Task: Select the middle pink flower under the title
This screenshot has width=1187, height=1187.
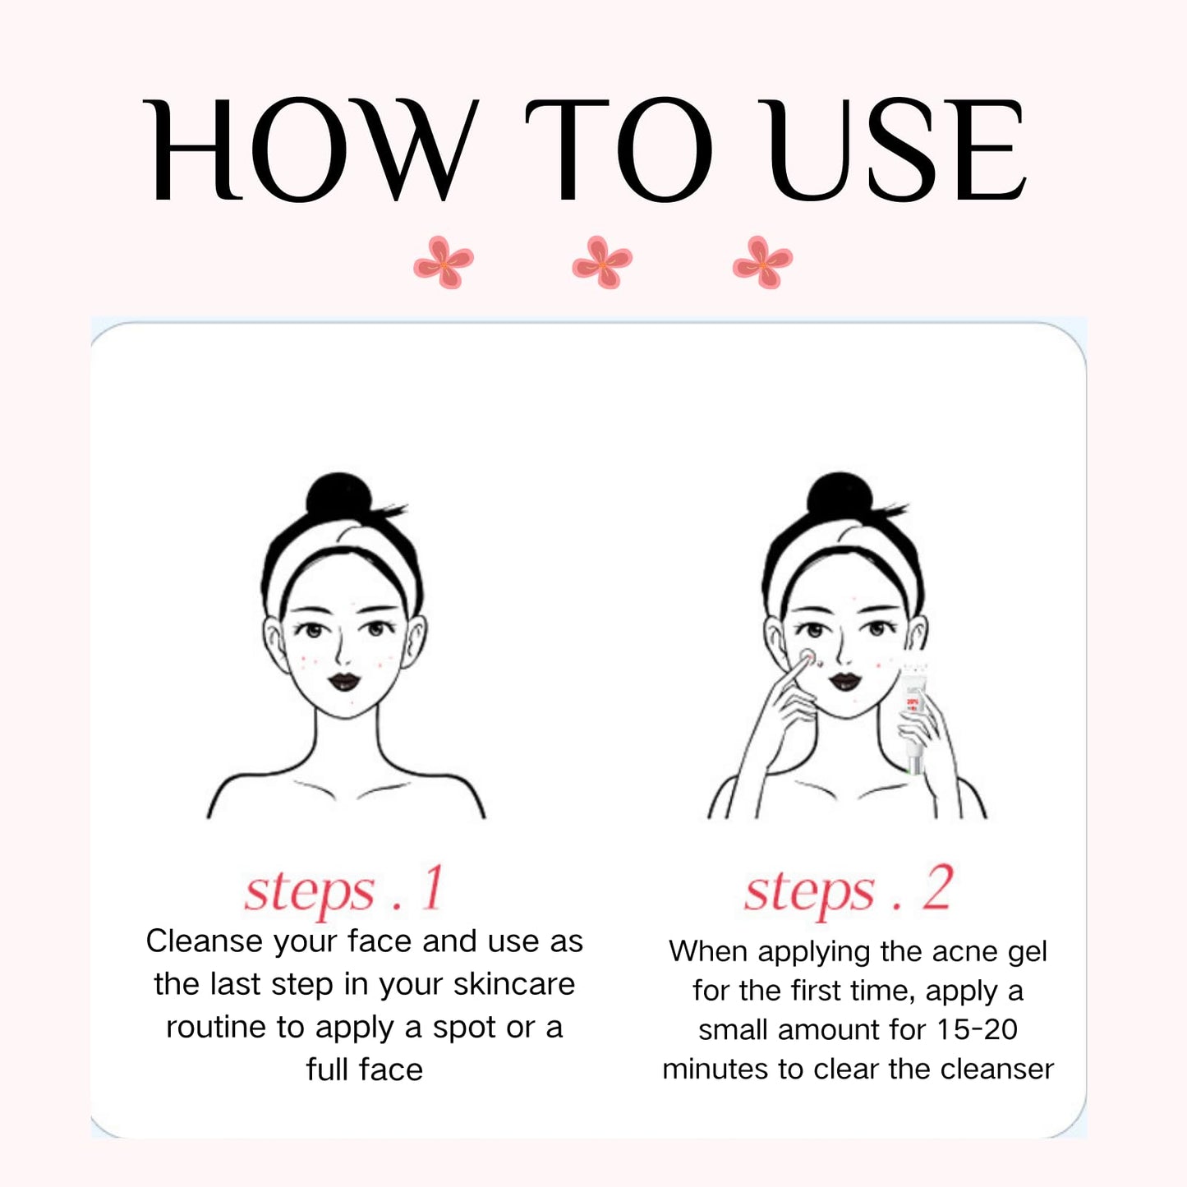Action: [602, 262]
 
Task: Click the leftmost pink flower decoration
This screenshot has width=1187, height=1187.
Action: [443, 262]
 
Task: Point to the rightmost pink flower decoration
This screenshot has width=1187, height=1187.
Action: [762, 262]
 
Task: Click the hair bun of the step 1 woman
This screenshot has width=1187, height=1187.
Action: [338, 495]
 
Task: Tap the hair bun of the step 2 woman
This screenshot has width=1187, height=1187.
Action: [840, 495]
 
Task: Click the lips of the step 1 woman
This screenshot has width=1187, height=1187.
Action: [343, 681]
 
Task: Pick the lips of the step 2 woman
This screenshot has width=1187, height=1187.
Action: [844, 681]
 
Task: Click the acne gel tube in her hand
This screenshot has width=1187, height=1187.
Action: [913, 718]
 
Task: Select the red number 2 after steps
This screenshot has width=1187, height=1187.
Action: [937, 888]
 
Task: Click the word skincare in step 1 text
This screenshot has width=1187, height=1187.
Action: [514, 984]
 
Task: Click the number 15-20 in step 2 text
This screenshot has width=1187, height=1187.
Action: [978, 1029]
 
